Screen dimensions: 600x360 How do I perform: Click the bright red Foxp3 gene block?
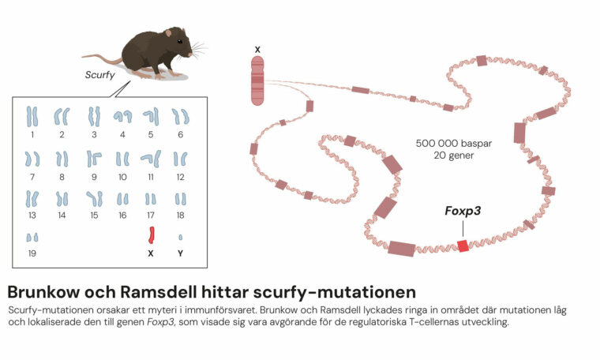(463, 246)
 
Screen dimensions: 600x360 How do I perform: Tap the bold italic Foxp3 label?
(463, 211)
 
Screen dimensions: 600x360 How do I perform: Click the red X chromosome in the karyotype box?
(151, 235)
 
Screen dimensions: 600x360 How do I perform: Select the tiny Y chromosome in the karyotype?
(180, 237)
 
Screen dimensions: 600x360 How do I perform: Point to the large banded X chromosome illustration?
(257, 81)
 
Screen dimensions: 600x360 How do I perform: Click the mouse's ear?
(168, 33)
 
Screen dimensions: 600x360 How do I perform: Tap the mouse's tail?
(102, 58)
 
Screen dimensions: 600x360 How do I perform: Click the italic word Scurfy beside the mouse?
(100, 74)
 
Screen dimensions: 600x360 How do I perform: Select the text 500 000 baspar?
(454, 144)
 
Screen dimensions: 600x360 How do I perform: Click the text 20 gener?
(454, 156)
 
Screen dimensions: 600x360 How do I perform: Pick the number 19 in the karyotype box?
(32, 253)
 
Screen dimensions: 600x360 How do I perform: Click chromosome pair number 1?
(32, 117)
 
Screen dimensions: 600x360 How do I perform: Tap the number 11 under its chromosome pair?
(151, 177)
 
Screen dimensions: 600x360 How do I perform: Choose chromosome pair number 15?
(95, 199)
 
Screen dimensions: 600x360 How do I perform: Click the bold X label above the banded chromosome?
(257, 50)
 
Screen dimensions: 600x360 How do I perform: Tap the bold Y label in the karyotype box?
(180, 253)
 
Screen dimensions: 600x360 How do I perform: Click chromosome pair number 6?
(180, 117)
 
